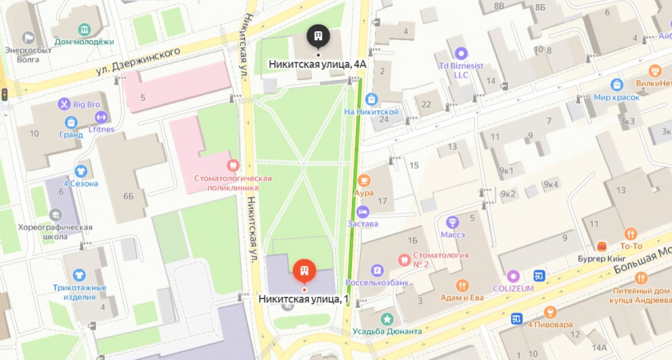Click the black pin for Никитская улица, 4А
point(318,36)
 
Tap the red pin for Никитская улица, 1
point(303,271)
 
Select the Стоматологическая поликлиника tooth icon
point(233,164)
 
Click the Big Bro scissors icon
point(63,103)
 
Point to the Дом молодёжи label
point(83,42)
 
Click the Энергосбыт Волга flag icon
point(29,37)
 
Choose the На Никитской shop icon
point(371,99)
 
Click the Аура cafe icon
point(364,180)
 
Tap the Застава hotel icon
point(363,212)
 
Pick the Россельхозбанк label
point(378,282)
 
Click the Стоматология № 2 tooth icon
point(404,260)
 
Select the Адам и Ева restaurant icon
point(462,286)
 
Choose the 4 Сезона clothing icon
point(81,170)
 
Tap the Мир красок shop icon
point(617,84)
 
